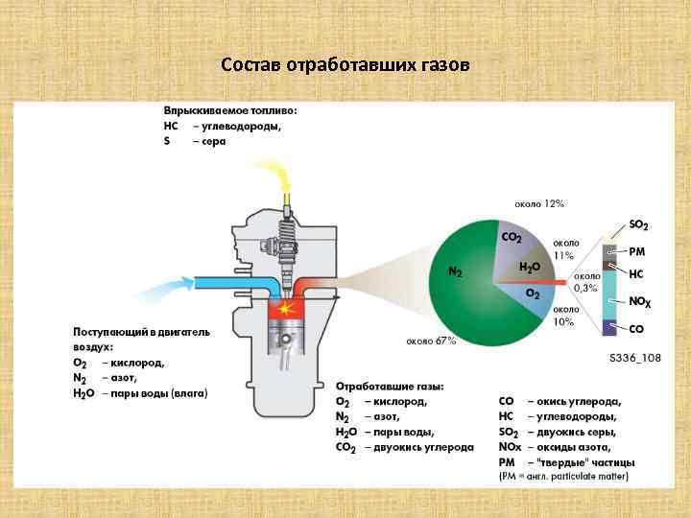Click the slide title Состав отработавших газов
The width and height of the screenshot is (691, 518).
[x=345, y=65]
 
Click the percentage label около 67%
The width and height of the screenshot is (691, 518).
[x=430, y=341]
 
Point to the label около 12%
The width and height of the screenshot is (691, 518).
[x=539, y=204]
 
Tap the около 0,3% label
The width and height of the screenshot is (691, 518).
[x=586, y=282]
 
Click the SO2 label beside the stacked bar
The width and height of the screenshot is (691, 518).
[x=638, y=225]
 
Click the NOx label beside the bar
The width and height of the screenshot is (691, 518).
[x=640, y=301]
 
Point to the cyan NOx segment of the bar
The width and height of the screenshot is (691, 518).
[x=608, y=297]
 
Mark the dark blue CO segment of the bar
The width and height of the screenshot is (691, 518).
[x=608, y=327]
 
